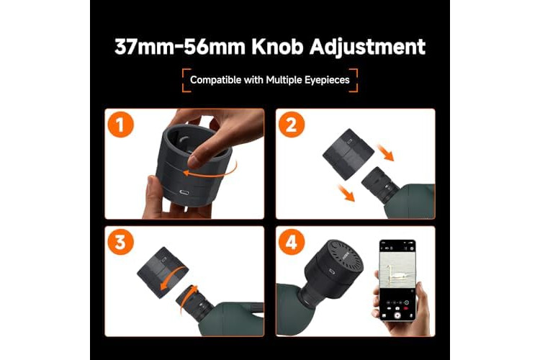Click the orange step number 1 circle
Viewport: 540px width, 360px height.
120,125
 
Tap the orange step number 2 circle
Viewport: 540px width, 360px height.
292,125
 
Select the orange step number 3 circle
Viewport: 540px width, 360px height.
120,242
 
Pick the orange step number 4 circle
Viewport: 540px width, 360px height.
292,242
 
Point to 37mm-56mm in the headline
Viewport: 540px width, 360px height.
179,47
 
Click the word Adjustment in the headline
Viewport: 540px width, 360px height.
367,48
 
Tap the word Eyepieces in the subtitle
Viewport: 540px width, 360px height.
327,80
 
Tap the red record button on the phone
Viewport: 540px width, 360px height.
397,315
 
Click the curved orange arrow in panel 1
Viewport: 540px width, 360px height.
210,171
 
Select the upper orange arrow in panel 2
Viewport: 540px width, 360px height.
385,152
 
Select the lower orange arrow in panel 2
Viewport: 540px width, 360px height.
346,192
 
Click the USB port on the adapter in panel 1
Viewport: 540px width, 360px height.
184,192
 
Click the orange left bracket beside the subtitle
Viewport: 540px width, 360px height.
186,81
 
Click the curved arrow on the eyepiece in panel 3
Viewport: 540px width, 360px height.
188,298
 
